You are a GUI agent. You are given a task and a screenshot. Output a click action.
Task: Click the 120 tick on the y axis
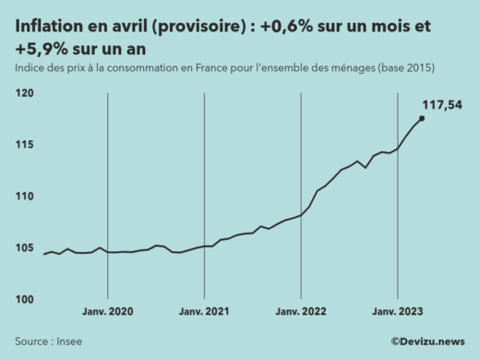24,93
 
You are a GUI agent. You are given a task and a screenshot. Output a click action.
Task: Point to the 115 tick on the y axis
24,145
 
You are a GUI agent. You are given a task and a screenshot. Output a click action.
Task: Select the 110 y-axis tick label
24,197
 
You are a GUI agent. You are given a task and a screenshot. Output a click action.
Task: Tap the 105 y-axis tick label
24,248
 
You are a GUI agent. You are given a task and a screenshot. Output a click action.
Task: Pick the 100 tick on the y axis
24,300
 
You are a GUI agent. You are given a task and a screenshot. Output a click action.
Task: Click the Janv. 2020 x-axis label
108,313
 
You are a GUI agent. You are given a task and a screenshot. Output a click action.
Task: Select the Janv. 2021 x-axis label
204,313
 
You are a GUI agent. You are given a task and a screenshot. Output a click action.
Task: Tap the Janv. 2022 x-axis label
301,313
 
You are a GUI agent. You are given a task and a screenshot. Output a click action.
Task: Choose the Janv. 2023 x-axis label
397,313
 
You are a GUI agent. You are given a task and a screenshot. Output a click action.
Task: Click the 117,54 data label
441,104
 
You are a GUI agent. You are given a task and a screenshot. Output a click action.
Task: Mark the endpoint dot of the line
422,118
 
